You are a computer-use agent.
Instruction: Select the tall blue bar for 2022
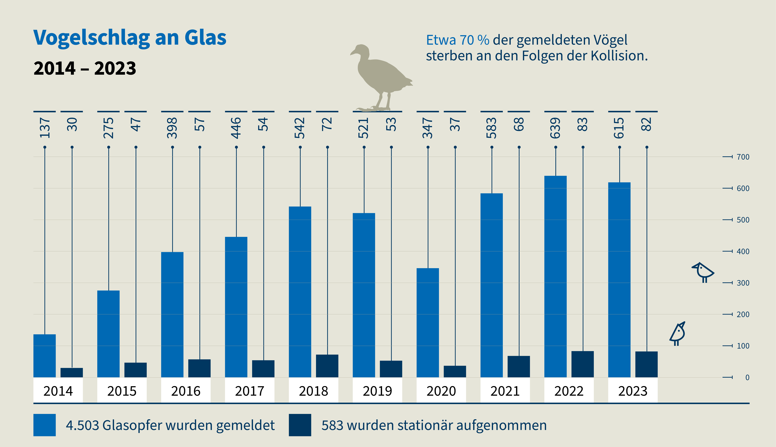pos(555,276)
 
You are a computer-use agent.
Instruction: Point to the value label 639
pos(555,128)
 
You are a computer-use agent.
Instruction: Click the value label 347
pos(428,128)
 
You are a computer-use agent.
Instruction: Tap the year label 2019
pos(377,391)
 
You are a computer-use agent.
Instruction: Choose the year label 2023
pos(633,391)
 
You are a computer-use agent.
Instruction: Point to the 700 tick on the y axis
pos(743,157)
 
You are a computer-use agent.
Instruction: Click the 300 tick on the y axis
pos(743,283)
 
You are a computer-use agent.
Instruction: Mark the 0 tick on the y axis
pos(747,377)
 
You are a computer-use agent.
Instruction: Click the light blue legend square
pos(45,425)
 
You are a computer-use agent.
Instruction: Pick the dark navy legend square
pos(300,425)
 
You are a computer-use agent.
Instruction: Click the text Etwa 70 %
pos(457,40)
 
